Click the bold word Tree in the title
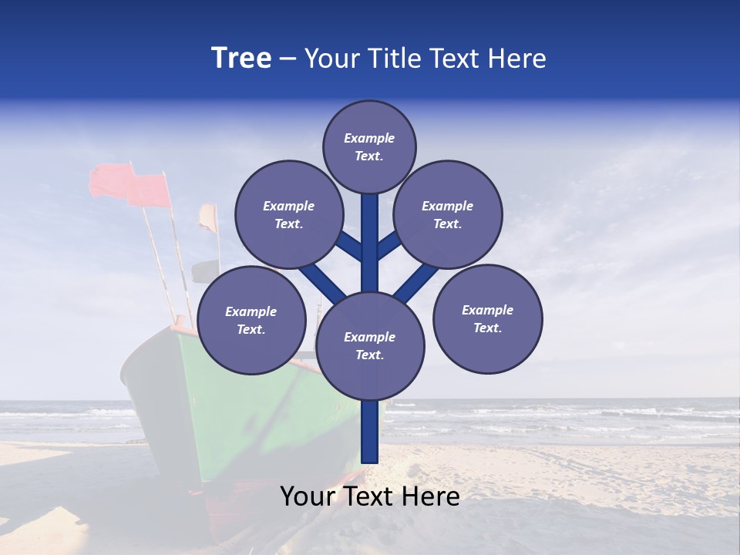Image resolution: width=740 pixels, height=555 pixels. [x=241, y=59]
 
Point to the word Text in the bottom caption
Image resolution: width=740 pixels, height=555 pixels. [x=368, y=496]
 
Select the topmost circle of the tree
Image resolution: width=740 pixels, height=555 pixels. [x=369, y=146]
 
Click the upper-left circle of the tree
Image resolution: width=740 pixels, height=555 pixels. [x=288, y=215]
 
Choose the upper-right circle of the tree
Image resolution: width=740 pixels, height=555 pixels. [x=448, y=215]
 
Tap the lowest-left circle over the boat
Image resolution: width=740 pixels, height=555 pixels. [x=251, y=321]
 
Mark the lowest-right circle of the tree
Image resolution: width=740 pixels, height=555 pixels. [x=487, y=318]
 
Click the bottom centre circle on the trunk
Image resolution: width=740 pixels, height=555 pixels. [x=370, y=346]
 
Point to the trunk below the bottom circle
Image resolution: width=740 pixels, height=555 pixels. [x=370, y=432]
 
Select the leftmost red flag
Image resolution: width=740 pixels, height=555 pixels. [x=109, y=181]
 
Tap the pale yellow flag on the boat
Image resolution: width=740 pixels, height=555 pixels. [x=207, y=217]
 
